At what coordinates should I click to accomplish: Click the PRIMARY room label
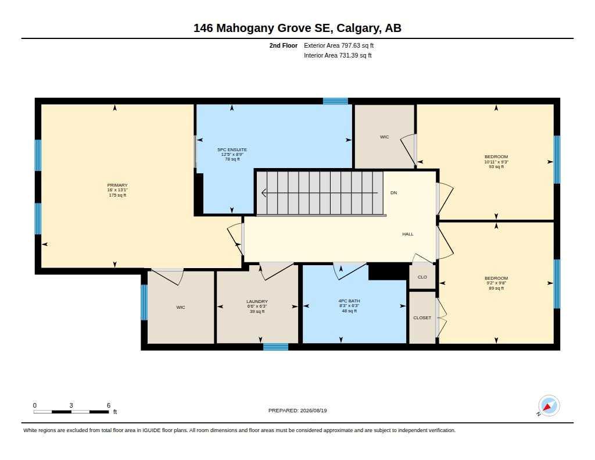click(117, 186)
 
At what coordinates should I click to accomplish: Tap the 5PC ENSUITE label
click(232, 149)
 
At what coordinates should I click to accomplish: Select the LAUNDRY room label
click(257, 301)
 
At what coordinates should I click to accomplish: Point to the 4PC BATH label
click(349, 301)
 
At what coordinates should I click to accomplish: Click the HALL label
click(408, 234)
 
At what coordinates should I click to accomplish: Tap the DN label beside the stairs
click(393, 192)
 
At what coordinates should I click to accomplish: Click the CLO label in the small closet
click(422, 277)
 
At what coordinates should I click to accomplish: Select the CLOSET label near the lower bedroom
click(422, 318)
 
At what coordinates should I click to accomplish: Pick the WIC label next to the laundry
click(181, 307)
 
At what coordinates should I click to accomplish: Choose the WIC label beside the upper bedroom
click(385, 137)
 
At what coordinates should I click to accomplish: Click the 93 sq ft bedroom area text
click(496, 166)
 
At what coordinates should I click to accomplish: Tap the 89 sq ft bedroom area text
click(496, 288)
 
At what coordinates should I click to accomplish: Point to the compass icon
click(549, 406)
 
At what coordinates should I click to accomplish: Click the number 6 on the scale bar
click(109, 405)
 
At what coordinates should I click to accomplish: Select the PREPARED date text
click(297, 410)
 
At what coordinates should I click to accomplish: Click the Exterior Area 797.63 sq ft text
click(339, 45)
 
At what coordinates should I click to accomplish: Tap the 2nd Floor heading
click(284, 45)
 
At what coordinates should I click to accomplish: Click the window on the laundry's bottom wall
click(276, 347)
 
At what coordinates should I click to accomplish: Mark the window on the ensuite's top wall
click(335, 101)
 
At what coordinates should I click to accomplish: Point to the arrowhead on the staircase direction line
click(264, 193)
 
